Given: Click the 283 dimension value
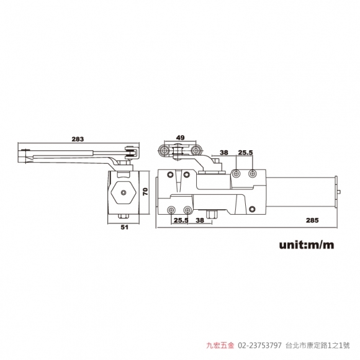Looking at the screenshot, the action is click(78, 139).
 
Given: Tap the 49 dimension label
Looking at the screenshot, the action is click(180, 138).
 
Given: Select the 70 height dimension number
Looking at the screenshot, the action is click(146, 191).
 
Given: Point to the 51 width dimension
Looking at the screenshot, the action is click(124, 227).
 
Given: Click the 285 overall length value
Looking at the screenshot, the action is click(312, 220).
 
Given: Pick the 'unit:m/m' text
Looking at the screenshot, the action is click(307, 245).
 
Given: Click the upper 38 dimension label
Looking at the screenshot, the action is click(224, 153).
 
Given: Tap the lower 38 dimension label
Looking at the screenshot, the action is click(200, 220).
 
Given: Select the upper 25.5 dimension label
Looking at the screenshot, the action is click(245, 153).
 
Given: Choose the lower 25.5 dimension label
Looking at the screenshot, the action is click(181, 220).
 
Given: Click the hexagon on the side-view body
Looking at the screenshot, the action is click(124, 192).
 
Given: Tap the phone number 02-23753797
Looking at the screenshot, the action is click(259, 345).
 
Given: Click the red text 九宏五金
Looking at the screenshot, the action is click(220, 345).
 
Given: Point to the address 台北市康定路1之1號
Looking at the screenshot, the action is click(318, 345).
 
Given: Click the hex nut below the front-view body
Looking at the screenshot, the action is click(212, 214).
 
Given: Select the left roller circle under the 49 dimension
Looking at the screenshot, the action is click(164, 151).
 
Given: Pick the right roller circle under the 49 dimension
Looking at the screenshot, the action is click(196, 151).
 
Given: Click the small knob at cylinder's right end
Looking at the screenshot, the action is click(339, 192).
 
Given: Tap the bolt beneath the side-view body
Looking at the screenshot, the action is click(124, 216).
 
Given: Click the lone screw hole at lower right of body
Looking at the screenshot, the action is click(253, 209).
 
